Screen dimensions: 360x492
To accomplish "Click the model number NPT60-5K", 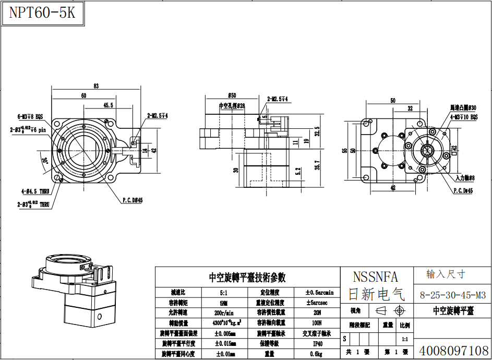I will pyautogui.click(x=42, y=13).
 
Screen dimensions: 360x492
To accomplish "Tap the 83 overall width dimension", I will pyautogui.click(x=97, y=86).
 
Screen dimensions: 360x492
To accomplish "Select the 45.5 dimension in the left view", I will pyautogui.click(x=108, y=105).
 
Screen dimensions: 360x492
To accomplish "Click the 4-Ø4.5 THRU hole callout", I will pyautogui.click(x=36, y=191).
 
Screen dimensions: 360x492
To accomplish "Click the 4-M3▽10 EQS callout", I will pyautogui.click(x=464, y=117).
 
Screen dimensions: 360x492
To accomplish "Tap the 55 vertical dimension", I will pyautogui.click(x=344, y=151).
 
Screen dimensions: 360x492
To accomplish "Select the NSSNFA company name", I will pyautogui.click(x=375, y=277).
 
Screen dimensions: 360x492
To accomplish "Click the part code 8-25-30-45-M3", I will pyautogui.click(x=452, y=295).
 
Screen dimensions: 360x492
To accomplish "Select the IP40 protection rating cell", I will pyautogui.click(x=317, y=344).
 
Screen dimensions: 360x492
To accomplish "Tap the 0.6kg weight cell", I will pyautogui.click(x=317, y=354).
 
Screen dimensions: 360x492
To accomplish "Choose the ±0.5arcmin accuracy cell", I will pyautogui.click(x=319, y=292).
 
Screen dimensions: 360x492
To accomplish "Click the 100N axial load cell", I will pyautogui.click(x=317, y=323).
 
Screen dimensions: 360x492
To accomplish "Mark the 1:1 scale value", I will pyautogui.click(x=404, y=339).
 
